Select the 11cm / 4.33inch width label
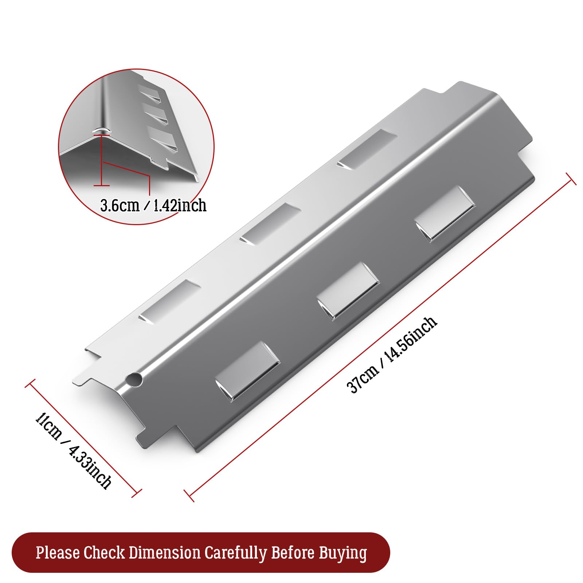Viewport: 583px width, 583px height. click(73, 450)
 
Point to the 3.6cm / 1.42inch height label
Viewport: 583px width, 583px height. click(153, 206)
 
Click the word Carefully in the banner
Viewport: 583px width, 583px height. click(236, 553)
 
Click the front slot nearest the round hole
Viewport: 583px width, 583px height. click(247, 372)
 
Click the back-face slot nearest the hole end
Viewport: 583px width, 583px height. click(169, 301)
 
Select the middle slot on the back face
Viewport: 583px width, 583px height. click(270, 224)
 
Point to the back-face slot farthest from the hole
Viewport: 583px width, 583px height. click(367, 149)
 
